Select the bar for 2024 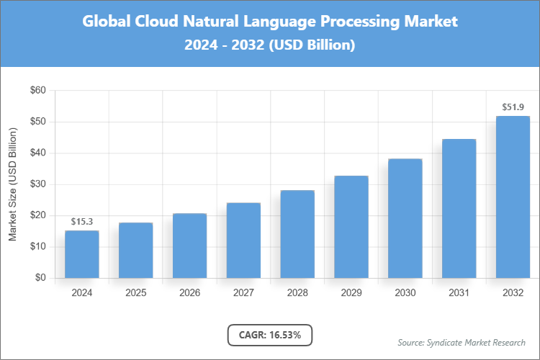[82, 254]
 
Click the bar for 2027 [243, 240]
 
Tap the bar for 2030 [405, 218]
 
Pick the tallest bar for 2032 [513, 197]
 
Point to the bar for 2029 [351, 227]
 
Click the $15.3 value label [82, 221]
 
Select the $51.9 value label [513, 107]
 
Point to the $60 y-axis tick [37, 91]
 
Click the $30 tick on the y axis [37, 184]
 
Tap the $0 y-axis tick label [40, 278]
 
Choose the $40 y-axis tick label [37, 153]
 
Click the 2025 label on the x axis [136, 293]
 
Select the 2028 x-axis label [297, 293]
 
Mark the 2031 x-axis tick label [459, 293]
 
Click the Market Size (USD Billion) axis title [12, 184]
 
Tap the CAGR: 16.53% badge [270, 335]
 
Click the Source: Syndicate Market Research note [462, 342]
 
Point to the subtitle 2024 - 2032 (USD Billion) [270, 45]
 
